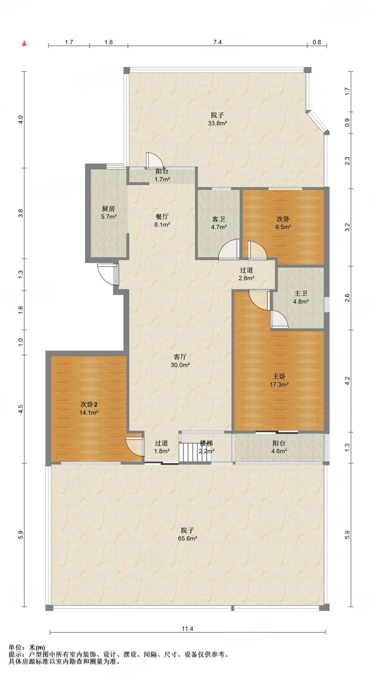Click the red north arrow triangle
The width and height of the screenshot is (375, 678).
point(24,43)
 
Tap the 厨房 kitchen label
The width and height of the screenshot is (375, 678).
point(108,213)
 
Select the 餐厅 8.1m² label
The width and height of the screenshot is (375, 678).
point(162,220)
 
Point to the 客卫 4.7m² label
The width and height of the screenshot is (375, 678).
point(219,223)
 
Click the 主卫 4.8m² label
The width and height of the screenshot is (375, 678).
point(301,297)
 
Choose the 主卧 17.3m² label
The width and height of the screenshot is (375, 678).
point(279,380)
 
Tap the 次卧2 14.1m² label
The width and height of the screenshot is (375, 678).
point(89,409)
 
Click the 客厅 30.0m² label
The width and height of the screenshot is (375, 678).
point(180,361)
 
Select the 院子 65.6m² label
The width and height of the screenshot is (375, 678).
point(187,534)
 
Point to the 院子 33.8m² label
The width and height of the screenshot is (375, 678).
point(217,119)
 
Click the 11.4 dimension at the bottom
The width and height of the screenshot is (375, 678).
point(187,629)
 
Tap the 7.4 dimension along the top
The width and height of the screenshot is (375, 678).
point(217,42)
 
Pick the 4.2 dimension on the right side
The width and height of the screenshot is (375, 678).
point(347,381)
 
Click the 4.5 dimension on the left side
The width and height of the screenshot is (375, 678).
point(21,409)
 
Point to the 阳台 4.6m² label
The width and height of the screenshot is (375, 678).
point(279,447)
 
